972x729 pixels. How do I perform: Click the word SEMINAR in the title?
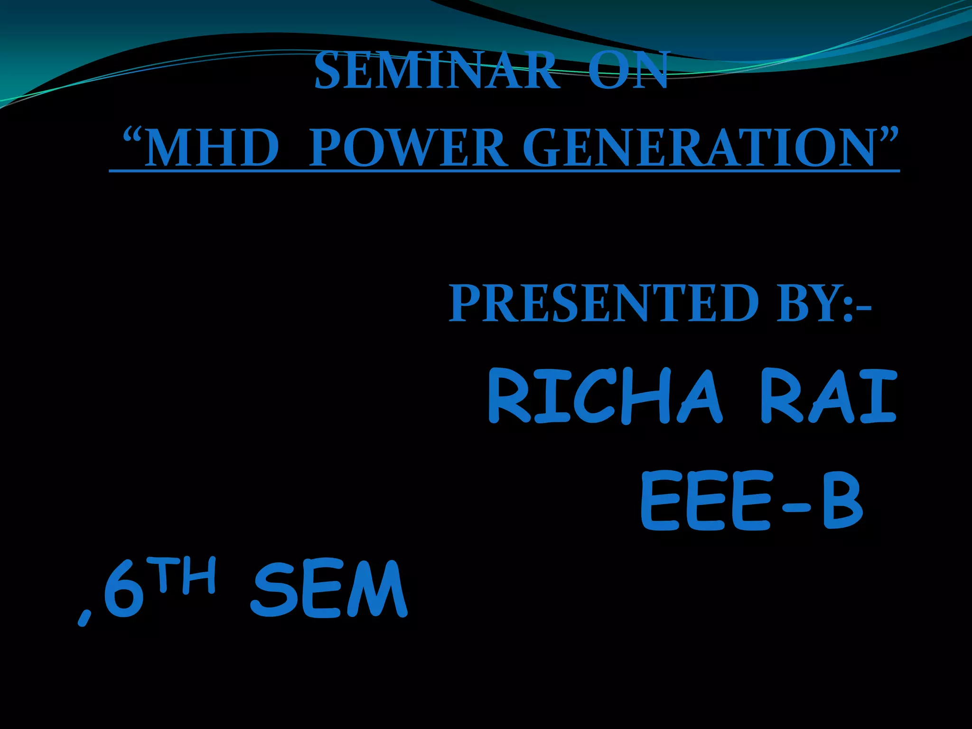coord(437,71)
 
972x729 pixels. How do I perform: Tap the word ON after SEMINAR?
coord(629,71)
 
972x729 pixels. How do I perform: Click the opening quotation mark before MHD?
coord(132,138)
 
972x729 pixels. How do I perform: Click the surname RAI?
coord(828,397)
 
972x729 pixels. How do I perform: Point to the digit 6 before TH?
coord(124,591)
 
